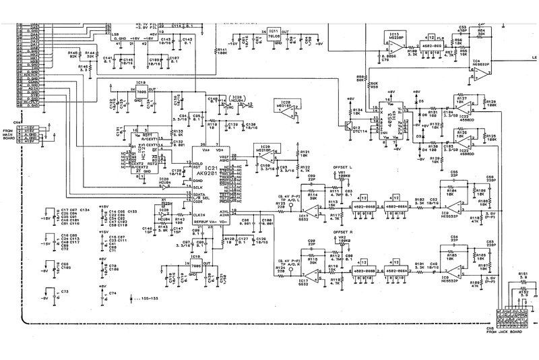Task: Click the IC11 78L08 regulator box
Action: pos(274,36)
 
